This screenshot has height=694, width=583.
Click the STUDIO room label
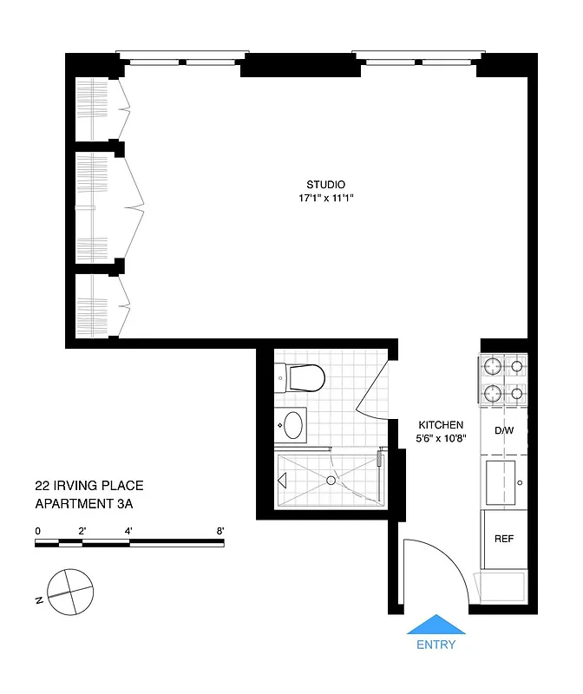point(325,184)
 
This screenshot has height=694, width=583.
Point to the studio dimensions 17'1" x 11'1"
point(325,199)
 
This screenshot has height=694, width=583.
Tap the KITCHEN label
point(441,425)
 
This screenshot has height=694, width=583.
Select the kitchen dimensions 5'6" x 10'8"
point(441,438)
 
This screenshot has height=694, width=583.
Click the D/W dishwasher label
point(503,430)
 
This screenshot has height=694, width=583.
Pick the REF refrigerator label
point(504,539)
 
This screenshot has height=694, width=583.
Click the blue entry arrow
point(436,625)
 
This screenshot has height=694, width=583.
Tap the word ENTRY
point(436,645)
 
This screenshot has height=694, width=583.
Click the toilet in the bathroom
point(303,377)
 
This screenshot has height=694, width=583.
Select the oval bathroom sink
point(294,425)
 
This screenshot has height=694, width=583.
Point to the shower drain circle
point(331,480)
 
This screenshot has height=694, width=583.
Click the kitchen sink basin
point(502,481)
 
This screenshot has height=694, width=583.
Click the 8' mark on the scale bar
point(220,530)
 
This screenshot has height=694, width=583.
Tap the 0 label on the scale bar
point(37,530)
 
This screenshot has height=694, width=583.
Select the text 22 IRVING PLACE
point(89,486)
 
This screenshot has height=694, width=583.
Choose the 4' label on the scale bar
point(128,530)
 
